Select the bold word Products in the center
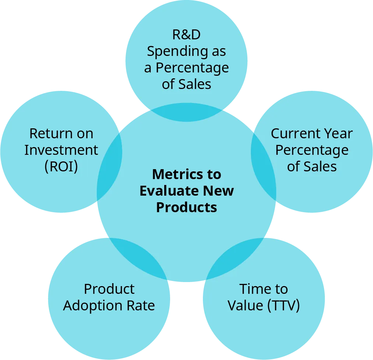pyautogui.click(x=186, y=207)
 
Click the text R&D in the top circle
pyautogui.click(x=186, y=35)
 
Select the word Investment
pyautogui.click(x=61, y=150)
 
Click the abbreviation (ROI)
pyautogui.click(x=61, y=167)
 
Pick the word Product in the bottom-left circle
pyautogui.click(x=109, y=289)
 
